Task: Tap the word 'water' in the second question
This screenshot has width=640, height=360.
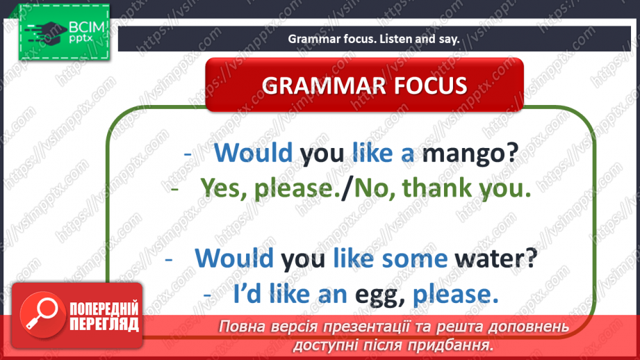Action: [496, 259]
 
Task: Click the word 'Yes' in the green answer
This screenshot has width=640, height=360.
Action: [221, 188]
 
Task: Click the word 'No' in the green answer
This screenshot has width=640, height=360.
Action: [372, 188]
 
